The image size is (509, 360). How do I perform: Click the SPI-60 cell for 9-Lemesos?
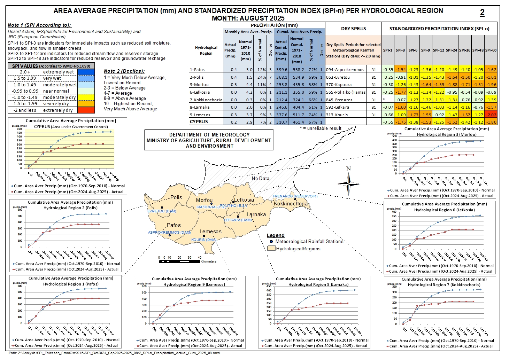[491, 115]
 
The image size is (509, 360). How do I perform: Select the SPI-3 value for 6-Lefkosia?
[400, 92]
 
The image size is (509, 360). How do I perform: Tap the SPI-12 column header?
[438, 50]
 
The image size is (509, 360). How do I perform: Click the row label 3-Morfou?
[200, 85]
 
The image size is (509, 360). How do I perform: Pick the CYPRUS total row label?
[199, 122]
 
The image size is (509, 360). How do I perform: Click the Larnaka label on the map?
[256, 214]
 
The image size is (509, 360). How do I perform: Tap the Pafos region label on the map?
[173, 225]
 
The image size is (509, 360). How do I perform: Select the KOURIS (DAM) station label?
[204, 240]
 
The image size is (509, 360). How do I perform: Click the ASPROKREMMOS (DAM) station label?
[169, 233]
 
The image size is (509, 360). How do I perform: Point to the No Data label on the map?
[261, 178]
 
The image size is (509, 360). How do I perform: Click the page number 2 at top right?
[482, 13]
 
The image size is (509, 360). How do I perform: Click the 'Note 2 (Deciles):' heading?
[124, 71]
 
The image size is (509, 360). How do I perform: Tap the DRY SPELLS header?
[353, 29]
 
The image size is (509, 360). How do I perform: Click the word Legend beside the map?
[276, 236]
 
